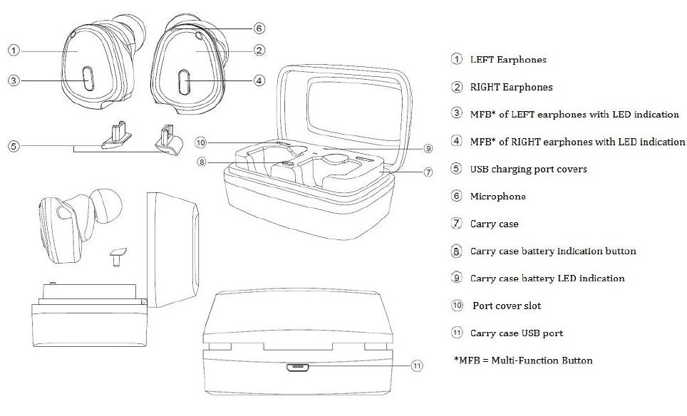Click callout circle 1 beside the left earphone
pyautogui.click(x=14, y=50)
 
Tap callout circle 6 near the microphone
pyautogui.click(x=259, y=28)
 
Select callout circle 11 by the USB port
pyautogui.click(x=417, y=366)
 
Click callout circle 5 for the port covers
pyautogui.click(x=14, y=146)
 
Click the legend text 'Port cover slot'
pyautogui.click(x=507, y=306)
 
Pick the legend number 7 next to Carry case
pyautogui.click(x=457, y=224)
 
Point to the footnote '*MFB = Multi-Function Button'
pyautogui.click(x=523, y=360)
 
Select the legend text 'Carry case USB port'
pyautogui.click(x=516, y=333)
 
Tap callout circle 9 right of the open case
pyautogui.click(x=428, y=148)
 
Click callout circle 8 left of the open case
pyautogui.click(x=202, y=162)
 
